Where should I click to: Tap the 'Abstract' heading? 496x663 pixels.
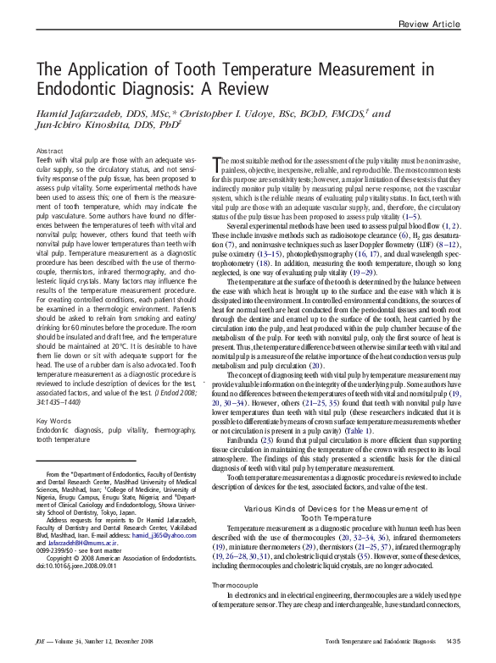pyautogui.click(x=50, y=150)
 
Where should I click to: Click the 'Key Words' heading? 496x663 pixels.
pyautogui.click(x=53, y=421)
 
